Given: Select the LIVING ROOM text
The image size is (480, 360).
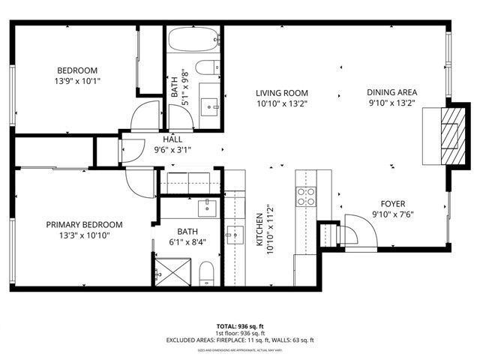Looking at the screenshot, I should [281, 93].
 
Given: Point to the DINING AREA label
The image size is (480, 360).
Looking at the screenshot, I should [391, 93].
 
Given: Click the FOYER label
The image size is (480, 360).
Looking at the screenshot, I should [392, 202].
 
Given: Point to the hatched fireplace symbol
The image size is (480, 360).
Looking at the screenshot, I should [448, 136].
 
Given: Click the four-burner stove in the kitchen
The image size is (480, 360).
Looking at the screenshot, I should [306, 196].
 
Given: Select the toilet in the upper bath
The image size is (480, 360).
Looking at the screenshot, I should [209, 67].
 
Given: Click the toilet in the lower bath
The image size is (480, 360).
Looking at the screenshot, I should [208, 274].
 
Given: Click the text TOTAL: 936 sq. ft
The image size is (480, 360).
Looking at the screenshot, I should [239, 326].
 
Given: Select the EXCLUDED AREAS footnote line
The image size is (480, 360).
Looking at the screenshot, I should [239, 340].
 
